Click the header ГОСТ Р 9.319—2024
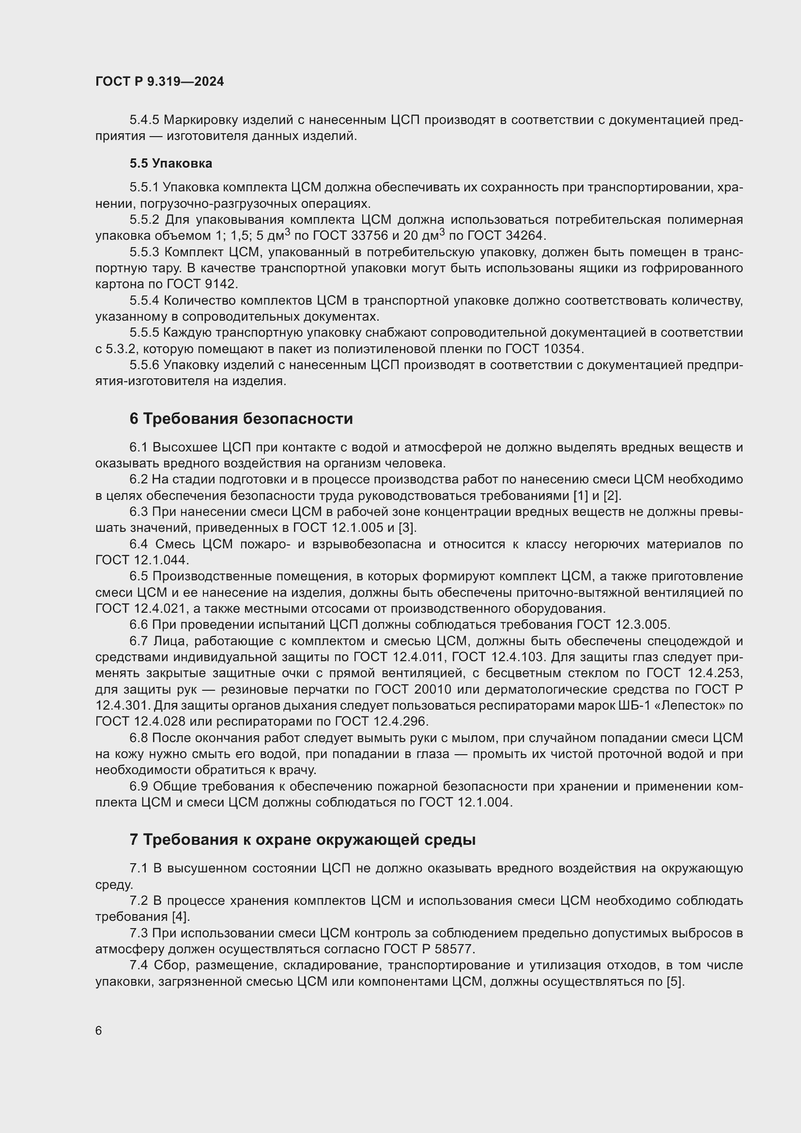(159, 81)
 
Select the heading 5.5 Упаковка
(170, 163)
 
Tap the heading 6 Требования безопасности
(241, 419)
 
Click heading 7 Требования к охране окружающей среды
(302, 839)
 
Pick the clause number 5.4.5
(144, 120)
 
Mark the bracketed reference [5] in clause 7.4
(675, 981)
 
